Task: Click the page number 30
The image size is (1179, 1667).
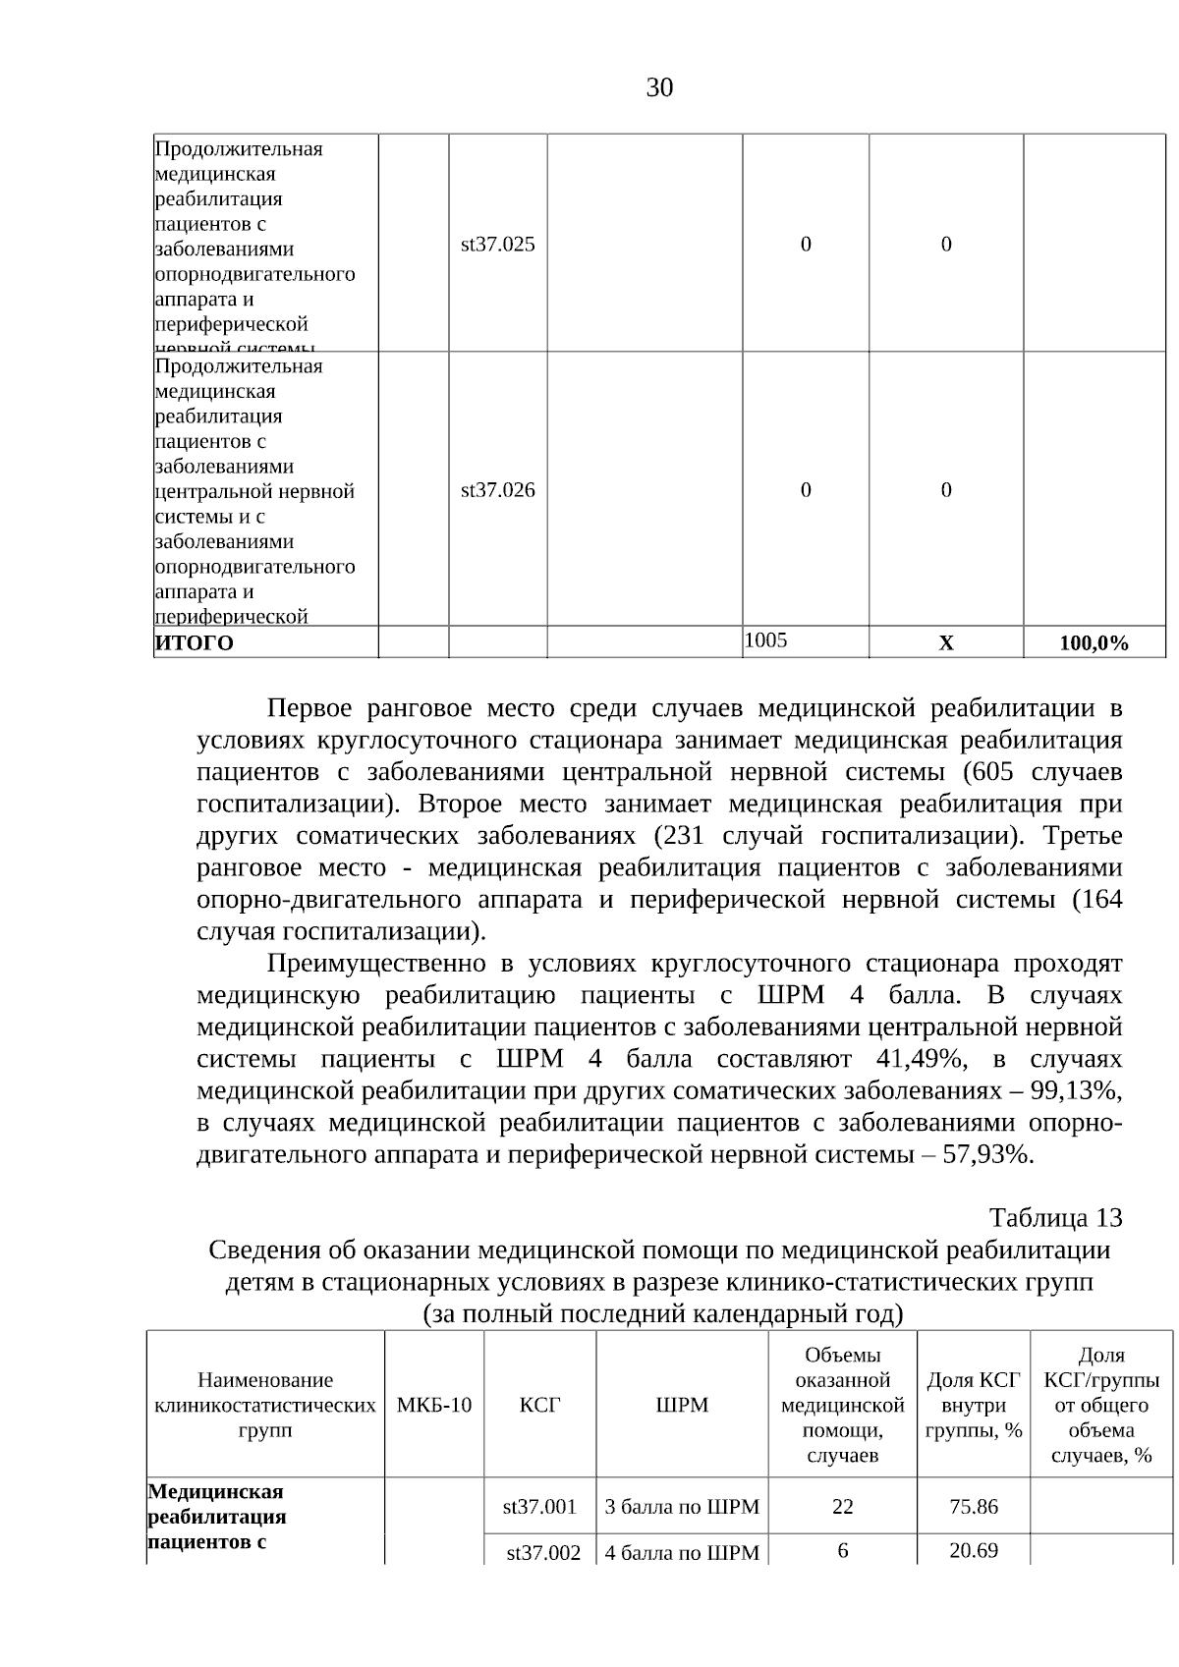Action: pyautogui.click(x=659, y=88)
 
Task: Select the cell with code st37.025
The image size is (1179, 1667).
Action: pyautogui.click(x=498, y=245)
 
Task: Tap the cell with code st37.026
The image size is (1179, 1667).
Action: pyautogui.click(x=498, y=490)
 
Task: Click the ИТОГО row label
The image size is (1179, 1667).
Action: pyautogui.click(x=195, y=643)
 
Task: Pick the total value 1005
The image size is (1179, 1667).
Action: pyautogui.click(x=766, y=640)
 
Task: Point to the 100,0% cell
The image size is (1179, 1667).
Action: pyautogui.click(x=1094, y=643)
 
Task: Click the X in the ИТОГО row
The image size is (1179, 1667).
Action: pyautogui.click(x=945, y=643)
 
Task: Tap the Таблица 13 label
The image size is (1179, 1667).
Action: pyautogui.click(x=1055, y=1218)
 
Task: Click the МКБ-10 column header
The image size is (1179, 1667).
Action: pyautogui.click(x=433, y=1405)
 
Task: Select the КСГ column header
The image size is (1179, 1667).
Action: pyautogui.click(x=539, y=1405)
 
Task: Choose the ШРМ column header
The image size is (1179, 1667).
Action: pyautogui.click(x=682, y=1405)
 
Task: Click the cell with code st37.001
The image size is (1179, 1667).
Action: pyautogui.click(x=539, y=1506)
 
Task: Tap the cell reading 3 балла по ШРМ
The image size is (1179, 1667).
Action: pyautogui.click(x=682, y=1506)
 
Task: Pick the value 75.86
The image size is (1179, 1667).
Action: pyautogui.click(x=973, y=1506)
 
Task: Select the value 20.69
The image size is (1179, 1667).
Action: pyautogui.click(x=973, y=1550)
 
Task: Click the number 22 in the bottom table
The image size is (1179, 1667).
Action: pyautogui.click(x=842, y=1506)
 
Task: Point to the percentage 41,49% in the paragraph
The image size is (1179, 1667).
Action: pyautogui.click(x=918, y=1060)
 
